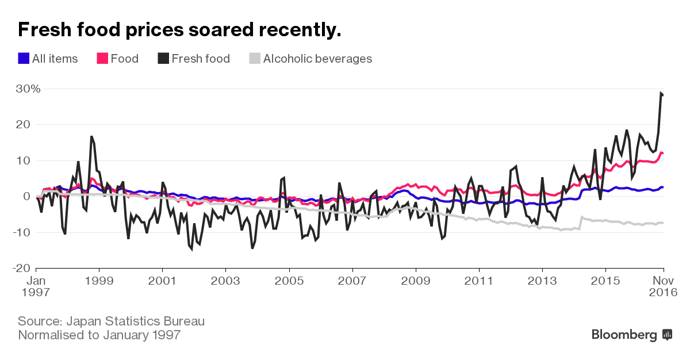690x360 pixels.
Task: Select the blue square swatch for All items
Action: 24,59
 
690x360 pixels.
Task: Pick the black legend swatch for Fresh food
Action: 163,59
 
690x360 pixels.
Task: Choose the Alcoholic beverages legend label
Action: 317,59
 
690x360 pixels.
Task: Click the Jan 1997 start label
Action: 36,286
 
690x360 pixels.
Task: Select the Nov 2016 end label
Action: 664,286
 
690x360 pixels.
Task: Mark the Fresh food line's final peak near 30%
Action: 661,93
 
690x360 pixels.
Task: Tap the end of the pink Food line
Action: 662,153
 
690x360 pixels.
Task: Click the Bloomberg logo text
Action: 624,335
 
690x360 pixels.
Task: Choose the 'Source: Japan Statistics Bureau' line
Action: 111,321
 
